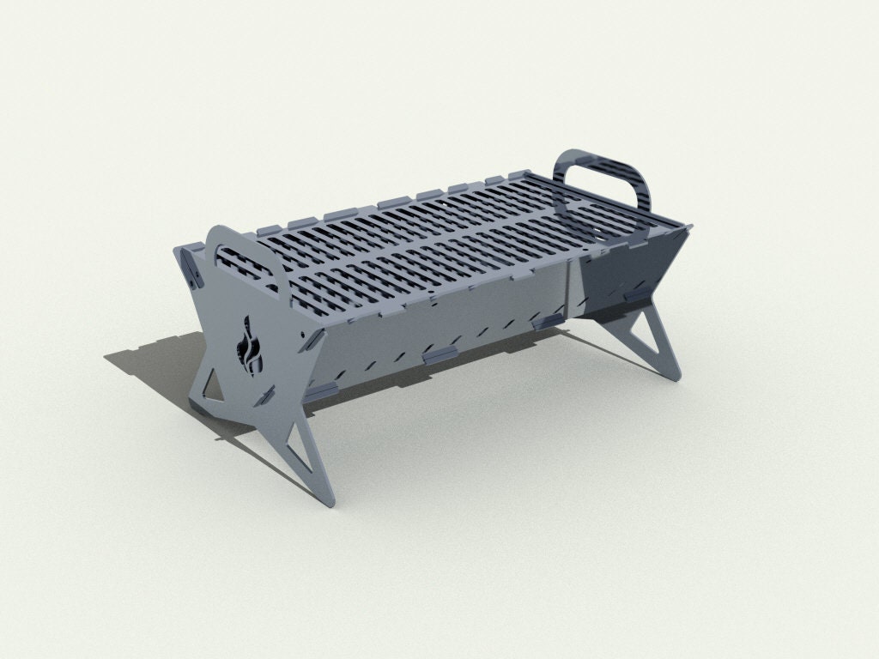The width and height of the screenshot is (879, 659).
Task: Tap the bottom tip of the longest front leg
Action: pos(324,499)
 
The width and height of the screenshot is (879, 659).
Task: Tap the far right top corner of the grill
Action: pos(688,227)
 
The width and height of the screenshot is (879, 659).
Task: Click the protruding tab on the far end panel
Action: pos(636,294)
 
